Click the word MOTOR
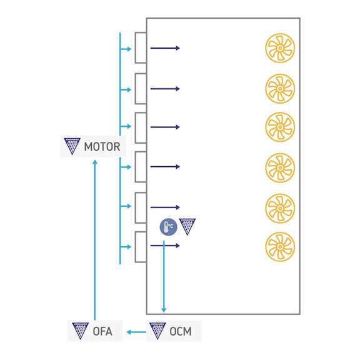[102, 147]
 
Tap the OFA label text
[102, 331]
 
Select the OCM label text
[181, 331]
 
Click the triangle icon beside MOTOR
[72, 146]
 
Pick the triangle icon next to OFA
[81, 331]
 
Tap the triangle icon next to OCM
[157, 331]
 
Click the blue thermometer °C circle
[169, 227]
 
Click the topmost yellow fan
[280, 48]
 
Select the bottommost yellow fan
[280, 247]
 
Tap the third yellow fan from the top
[280, 127]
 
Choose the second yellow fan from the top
[280, 89]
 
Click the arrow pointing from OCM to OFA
[136, 332]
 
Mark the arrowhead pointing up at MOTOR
[95, 162]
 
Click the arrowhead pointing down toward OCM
[164, 310]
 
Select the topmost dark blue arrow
[165, 48]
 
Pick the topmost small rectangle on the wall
[141, 47]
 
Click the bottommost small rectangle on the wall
[141, 247]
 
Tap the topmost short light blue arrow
[126, 49]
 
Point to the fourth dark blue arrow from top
[165, 167]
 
